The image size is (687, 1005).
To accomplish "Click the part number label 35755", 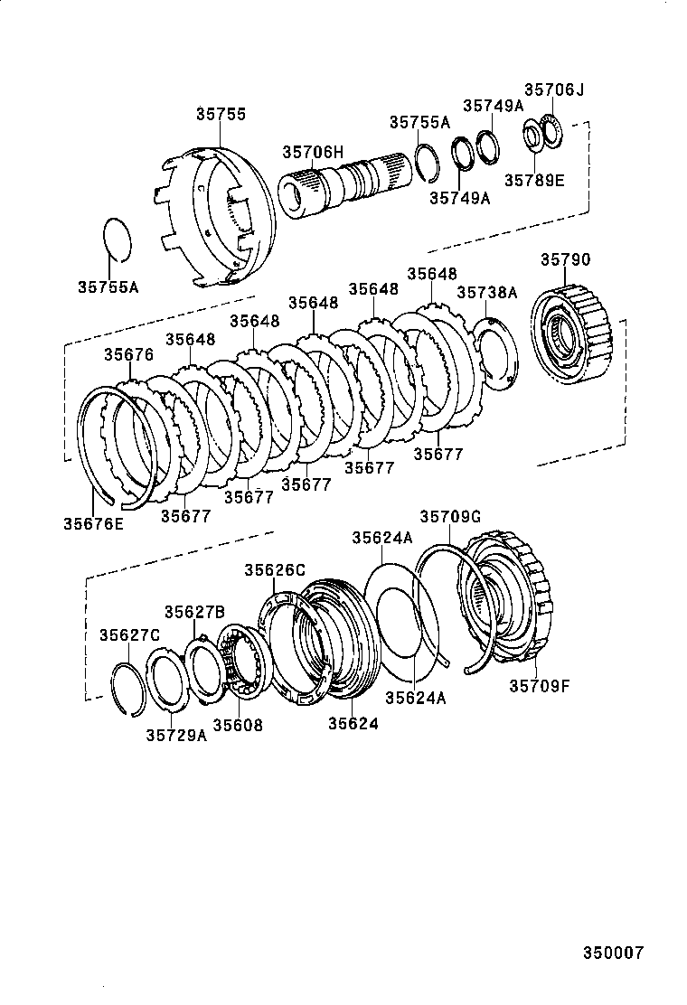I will click(221, 115).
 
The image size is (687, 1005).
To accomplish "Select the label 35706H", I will click(313, 153).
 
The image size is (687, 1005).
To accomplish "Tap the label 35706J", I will click(555, 89).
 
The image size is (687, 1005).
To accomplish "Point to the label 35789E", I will click(534, 180).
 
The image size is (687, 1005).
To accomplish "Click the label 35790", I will click(566, 259).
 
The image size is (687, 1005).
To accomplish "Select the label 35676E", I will click(94, 522).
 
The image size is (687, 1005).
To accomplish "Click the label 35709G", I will click(449, 516).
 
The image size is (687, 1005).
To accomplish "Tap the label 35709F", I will click(539, 686).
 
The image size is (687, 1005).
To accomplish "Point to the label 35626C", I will click(275, 569).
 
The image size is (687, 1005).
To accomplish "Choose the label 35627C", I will click(129, 634).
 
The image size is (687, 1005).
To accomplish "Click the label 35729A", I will click(176, 734).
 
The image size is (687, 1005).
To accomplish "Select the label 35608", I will click(238, 725).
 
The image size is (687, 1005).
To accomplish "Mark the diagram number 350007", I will click(613, 953).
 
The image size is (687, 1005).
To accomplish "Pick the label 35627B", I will click(194, 612).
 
